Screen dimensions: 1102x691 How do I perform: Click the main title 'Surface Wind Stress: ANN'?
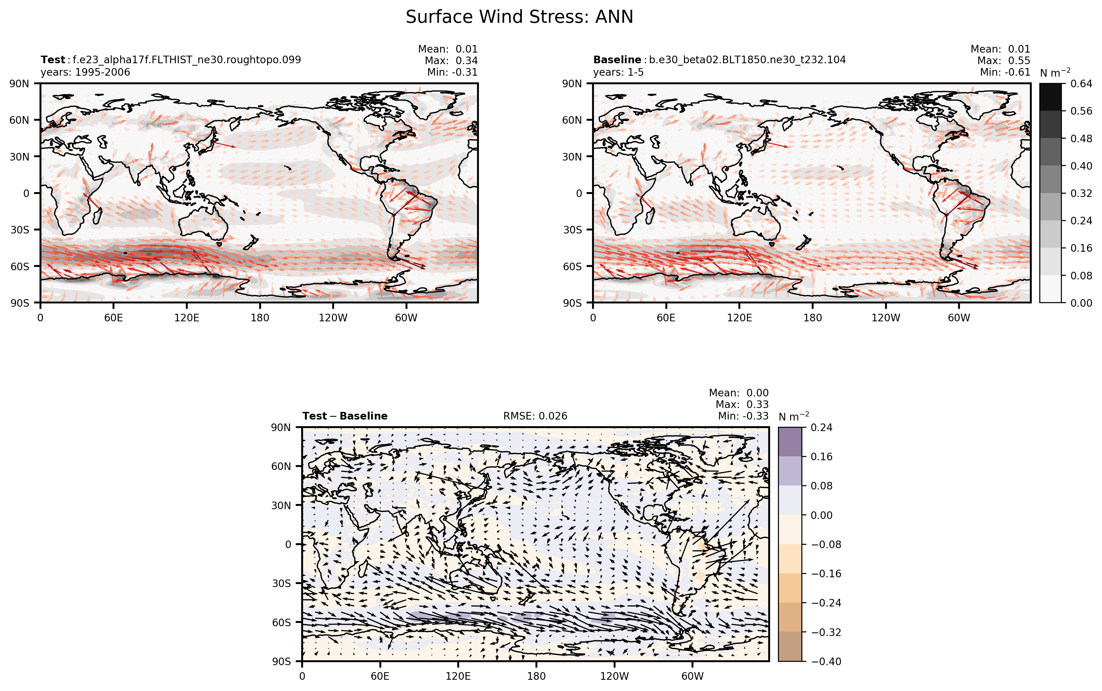(519, 17)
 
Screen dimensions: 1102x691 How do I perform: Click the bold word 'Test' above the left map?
(53, 60)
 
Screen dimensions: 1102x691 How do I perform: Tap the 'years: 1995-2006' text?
(85, 72)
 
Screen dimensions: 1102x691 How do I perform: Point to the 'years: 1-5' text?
(618, 72)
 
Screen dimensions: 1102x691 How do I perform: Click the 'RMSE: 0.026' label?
(535, 416)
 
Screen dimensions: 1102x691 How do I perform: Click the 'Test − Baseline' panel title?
(345, 416)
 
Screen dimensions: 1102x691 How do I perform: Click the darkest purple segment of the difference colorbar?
(790, 442)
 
